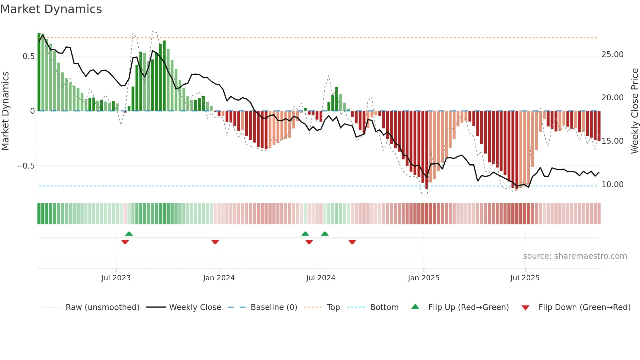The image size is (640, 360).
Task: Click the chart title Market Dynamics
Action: tap(51, 9)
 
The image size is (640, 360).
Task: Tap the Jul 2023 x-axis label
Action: tap(116, 278)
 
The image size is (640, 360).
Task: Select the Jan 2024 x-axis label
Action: tap(219, 278)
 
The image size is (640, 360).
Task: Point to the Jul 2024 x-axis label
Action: tap(321, 278)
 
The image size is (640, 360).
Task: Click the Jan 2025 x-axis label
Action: tap(424, 278)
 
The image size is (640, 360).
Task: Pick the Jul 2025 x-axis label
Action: tap(525, 278)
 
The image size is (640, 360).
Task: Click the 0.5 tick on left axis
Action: tap(28, 57)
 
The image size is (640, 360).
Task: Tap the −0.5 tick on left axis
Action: tap(25, 166)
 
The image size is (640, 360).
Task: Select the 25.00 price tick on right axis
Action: tap(612, 55)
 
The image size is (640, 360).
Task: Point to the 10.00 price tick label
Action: tap(612, 185)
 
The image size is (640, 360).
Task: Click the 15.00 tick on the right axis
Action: tap(612, 141)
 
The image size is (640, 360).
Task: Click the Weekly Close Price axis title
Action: tap(634, 111)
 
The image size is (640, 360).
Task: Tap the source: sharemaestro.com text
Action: tap(575, 256)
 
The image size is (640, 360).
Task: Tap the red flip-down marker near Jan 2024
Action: tap(215, 242)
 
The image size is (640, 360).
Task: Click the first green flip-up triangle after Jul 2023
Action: tap(129, 234)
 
